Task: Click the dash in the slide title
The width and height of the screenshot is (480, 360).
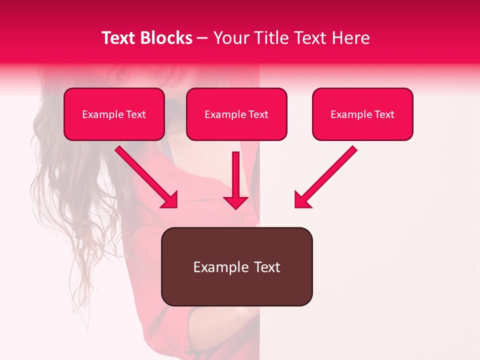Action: coord(202,38)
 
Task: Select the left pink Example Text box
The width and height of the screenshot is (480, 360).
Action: coord(114,114)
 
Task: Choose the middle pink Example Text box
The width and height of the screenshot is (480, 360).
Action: coord(236,114)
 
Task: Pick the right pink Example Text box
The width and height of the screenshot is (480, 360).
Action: coord(362,114)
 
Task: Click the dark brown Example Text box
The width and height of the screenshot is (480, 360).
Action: coord(236,266)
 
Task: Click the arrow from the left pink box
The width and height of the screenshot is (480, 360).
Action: coord(145,175)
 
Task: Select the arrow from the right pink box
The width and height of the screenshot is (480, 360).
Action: coord(327,175)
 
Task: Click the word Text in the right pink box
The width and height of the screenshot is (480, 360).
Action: coord(384,114)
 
